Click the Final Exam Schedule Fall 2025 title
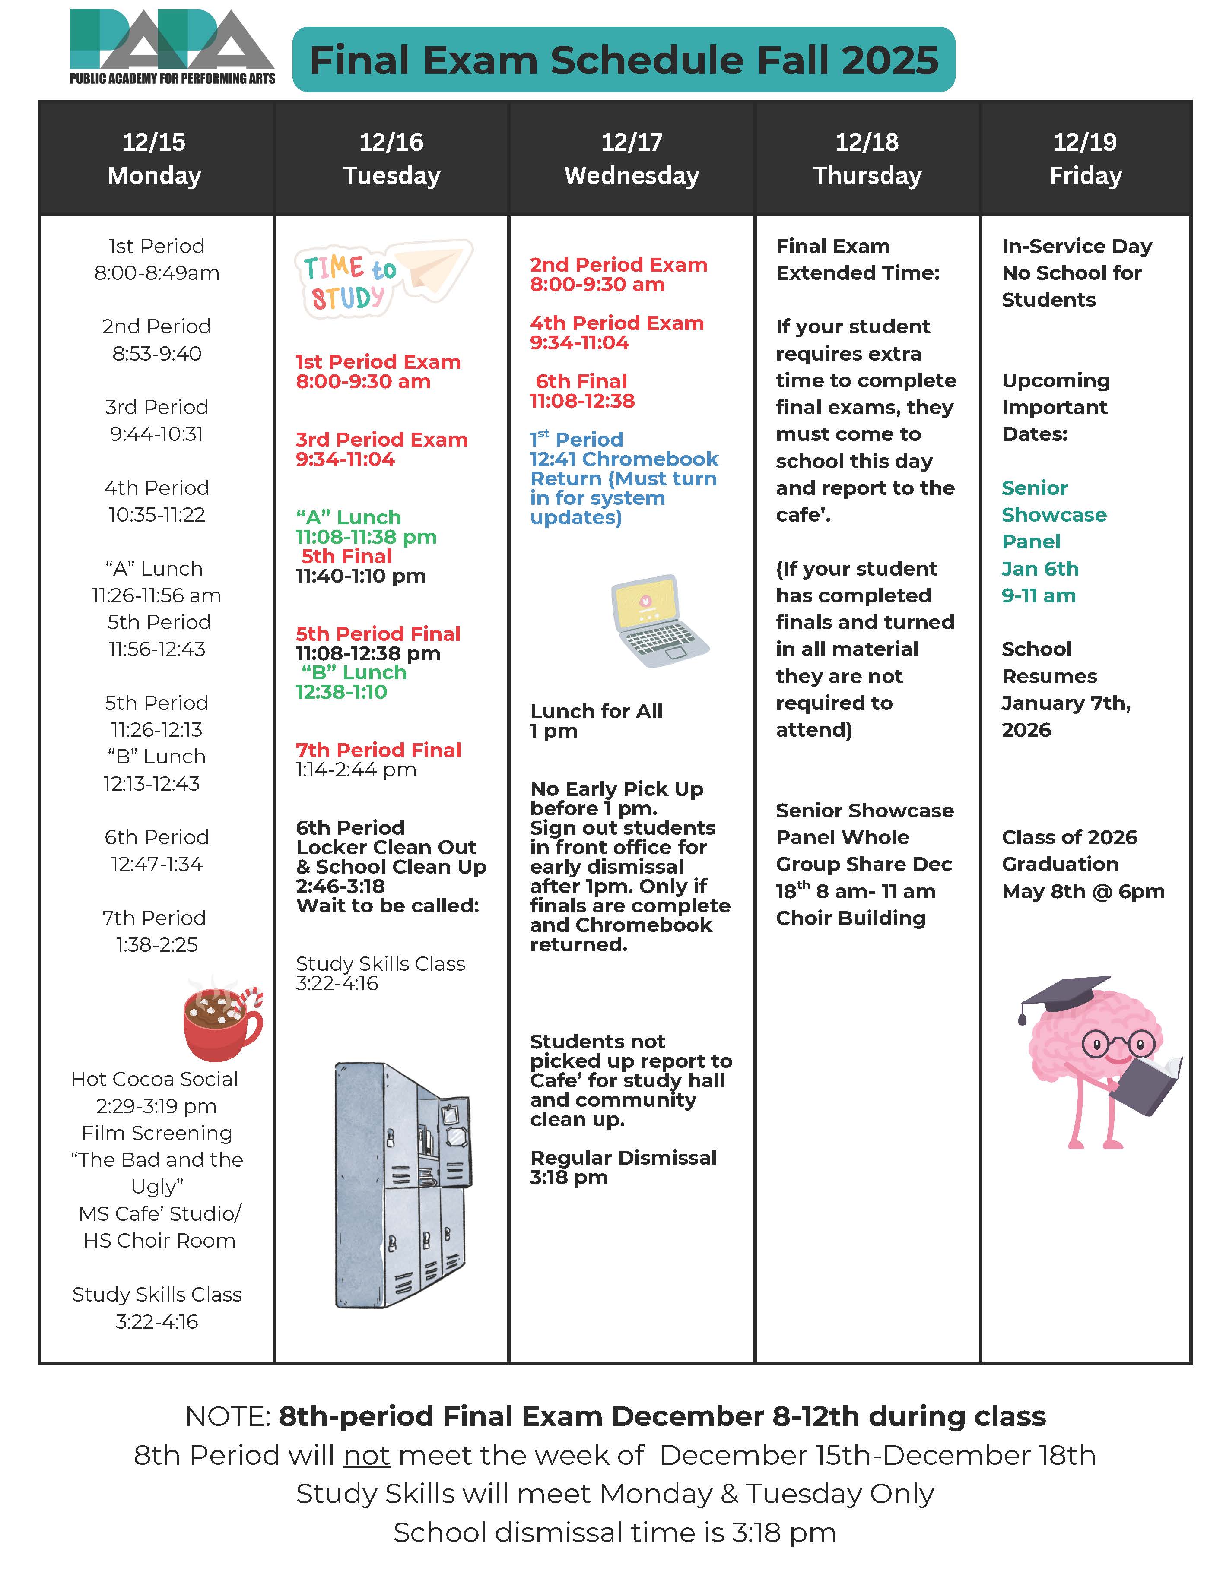pyautogui.click(x=623, y=60)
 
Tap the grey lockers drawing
pyautogui.click(x=402, y=1184)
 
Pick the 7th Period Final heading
pyautogui.click(x=378, y=750)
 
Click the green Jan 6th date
pyautogui.click(x=1039, y=569)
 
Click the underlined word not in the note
pyautogui.click(x=366, y=1455)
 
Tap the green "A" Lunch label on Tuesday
pyautogui.click(x=348, y=517)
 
